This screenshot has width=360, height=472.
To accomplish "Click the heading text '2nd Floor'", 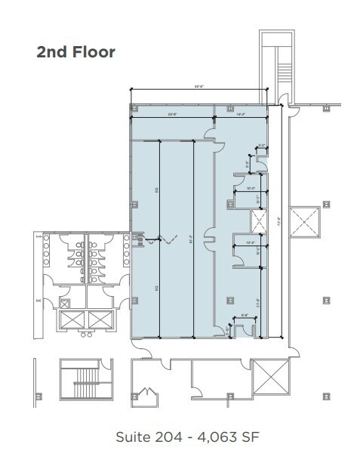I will click(75, 52).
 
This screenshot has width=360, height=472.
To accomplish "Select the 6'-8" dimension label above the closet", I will click(244, 317).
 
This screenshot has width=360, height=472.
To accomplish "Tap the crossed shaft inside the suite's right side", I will click(259, 223).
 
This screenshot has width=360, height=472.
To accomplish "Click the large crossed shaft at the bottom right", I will click(271, 375).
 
